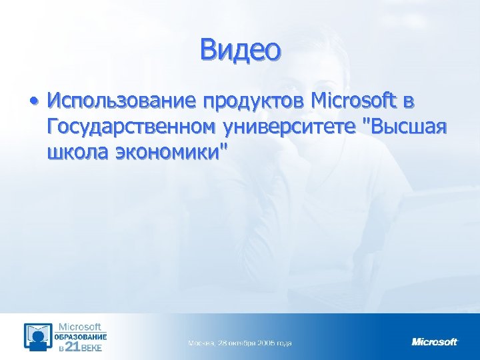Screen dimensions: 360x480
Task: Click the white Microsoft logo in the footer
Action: [x=435, y=342]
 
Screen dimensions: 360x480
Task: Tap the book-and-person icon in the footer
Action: [x=38, y=337]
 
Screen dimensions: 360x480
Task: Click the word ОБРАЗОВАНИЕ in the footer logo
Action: [x=80, y=337]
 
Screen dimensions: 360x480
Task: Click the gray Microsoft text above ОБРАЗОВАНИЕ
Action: [x=80, y=327]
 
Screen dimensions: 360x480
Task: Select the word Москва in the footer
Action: [x=200, y=343]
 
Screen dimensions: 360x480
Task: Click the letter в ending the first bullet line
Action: [x=408, y=102]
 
